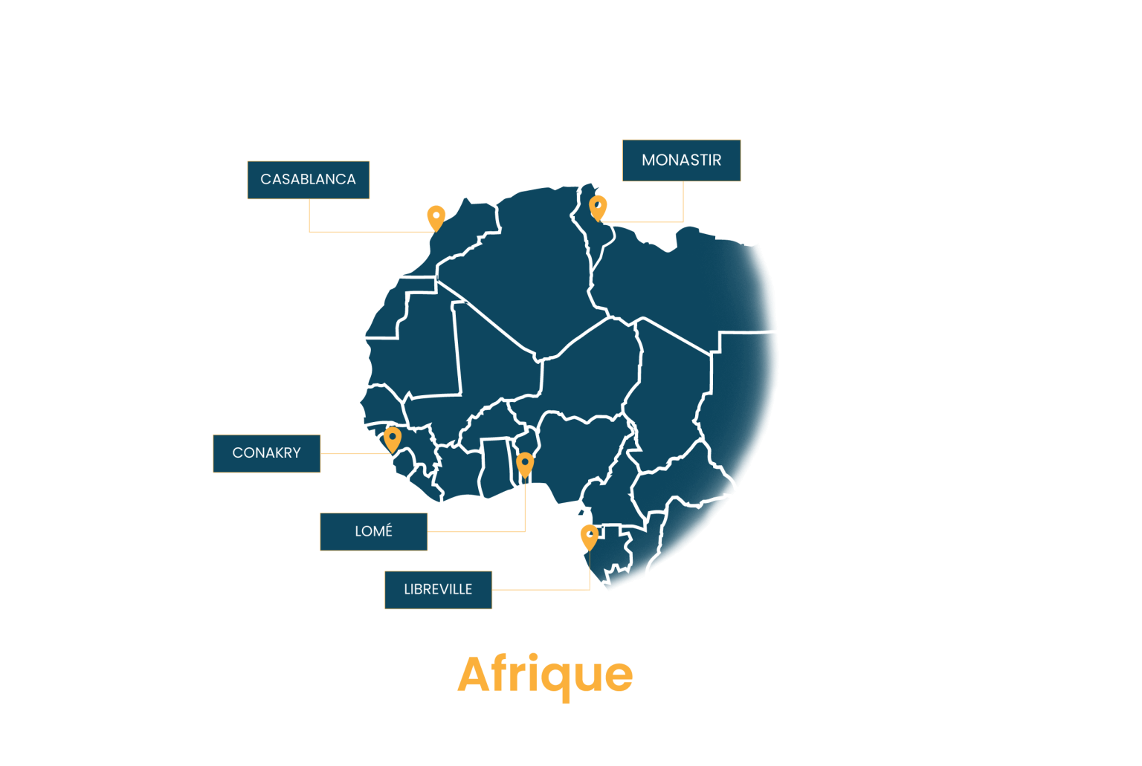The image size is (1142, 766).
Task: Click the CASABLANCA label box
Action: click(x=309, y=180)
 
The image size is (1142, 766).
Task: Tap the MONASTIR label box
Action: click(x=682, y=160)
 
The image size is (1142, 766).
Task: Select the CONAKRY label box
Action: click(x=267, y=453)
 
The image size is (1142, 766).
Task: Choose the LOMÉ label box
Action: click(x=374, y=532)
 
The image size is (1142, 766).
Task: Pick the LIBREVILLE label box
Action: click(x=439, y=590)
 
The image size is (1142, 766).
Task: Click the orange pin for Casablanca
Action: click(x=436, y=218)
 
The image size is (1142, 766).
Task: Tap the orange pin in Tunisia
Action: click(x=598, y=208)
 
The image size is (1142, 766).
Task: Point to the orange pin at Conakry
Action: click(x=393, y=439)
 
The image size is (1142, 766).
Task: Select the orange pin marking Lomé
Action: click(x=525, y=464)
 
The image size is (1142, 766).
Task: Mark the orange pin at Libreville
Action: click(x=590, y=537)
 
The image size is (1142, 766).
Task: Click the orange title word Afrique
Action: click(x=545, y=675)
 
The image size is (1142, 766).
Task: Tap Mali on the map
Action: click(x=489, y=367)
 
